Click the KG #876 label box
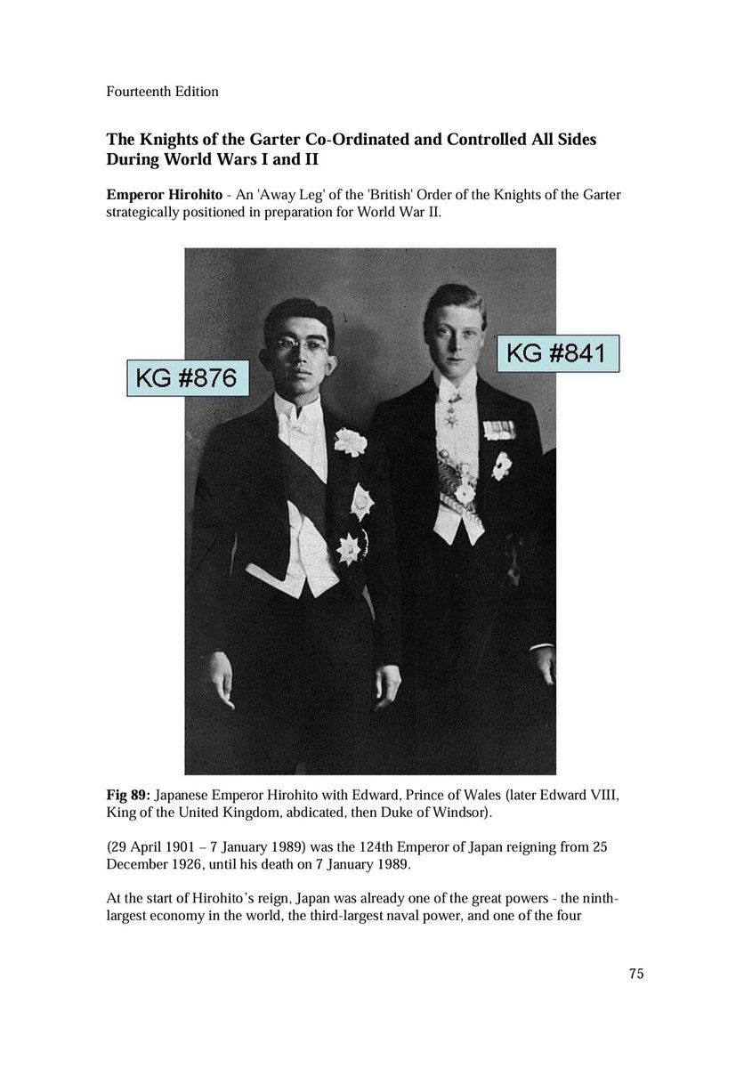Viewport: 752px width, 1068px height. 187,379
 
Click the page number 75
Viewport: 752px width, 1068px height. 635,973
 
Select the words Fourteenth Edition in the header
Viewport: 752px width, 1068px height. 162,91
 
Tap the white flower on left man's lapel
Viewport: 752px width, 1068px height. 350,441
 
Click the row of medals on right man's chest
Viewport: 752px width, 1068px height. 498,430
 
